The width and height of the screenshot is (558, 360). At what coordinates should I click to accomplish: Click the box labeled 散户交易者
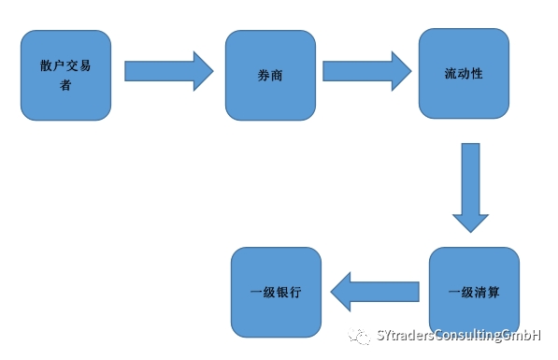click(64, 75)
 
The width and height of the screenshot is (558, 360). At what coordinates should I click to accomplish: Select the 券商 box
click(270, 75)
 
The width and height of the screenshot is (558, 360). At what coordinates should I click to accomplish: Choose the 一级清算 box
click(474, 292)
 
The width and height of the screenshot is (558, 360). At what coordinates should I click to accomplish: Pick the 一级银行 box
click(276, 292)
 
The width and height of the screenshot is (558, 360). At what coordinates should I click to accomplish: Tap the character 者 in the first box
click(64, 84)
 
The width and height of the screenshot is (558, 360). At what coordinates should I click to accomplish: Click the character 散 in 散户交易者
click(46, 67)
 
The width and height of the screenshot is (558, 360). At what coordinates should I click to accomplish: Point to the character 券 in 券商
click(264, 75)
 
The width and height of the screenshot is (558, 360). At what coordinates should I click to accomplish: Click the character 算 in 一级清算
click(493, 292)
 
